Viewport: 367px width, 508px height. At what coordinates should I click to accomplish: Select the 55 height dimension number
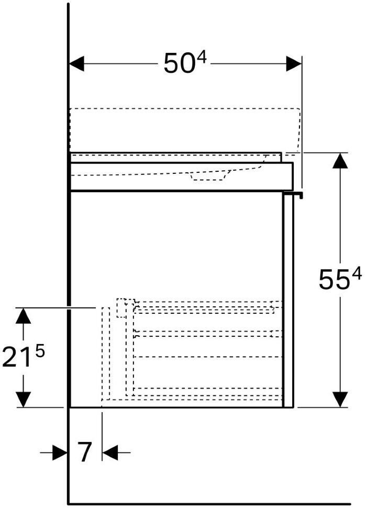[333, 280]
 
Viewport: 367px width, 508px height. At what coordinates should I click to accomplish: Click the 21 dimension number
[16, 358]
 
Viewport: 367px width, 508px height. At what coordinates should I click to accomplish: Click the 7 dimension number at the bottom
[85, 452]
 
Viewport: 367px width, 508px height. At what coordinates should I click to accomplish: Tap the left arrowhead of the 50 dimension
[77, 63]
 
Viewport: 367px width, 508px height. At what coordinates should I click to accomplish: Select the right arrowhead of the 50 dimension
[294, 63]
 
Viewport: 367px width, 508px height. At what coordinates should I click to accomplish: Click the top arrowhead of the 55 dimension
[340, 161]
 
